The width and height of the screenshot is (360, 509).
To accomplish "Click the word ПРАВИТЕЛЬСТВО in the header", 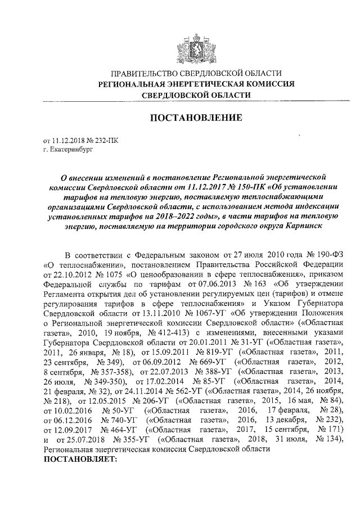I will tap(142, 74).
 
